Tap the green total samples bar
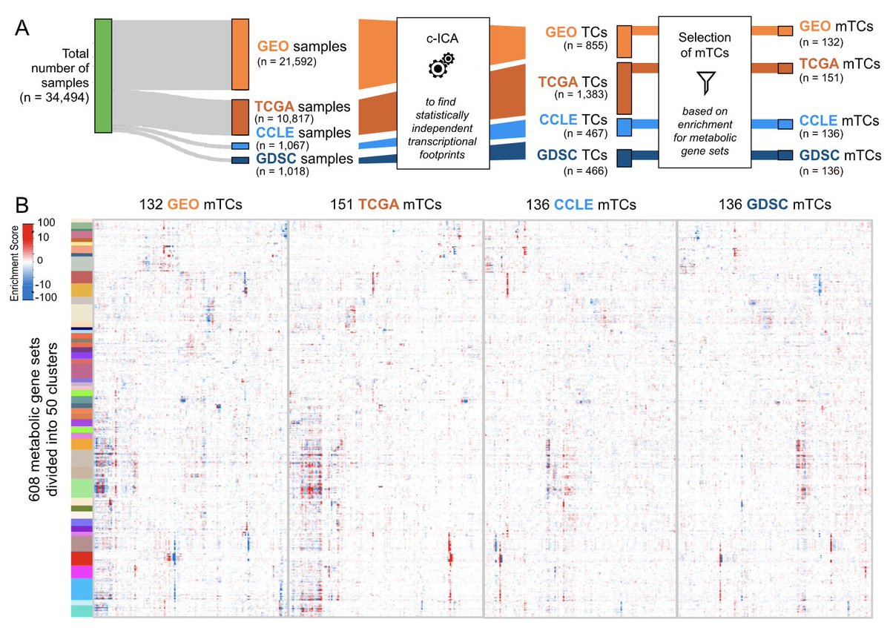103,76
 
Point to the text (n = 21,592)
287,62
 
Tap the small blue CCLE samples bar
240,146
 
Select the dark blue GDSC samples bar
240,159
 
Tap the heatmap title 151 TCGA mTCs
384,204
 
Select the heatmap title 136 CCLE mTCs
579,204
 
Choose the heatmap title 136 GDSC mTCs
774,204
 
